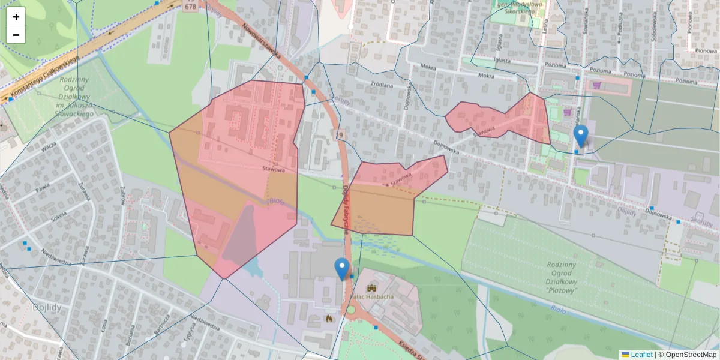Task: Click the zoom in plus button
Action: (16, 17)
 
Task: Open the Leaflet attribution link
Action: (641, 355)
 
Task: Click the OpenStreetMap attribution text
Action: (687, 355)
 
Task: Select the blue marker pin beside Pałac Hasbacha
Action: (342, 268)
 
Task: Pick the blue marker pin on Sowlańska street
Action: (581, 135)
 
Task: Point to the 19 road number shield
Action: (340, 136)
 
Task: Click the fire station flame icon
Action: (328, 319)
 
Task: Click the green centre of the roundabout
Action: (351, 310)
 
